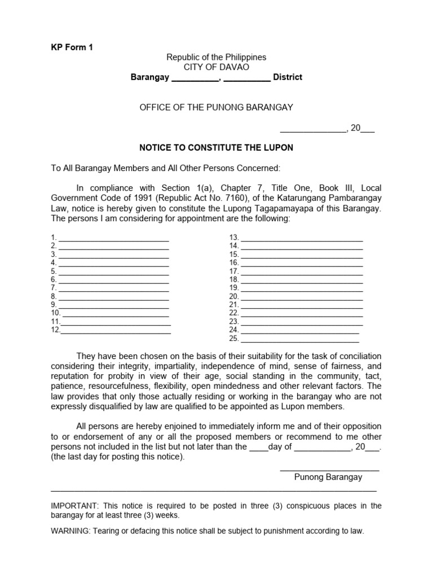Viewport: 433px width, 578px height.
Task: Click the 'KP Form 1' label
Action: click(x=72, y=47)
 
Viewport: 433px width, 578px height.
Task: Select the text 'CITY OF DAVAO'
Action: click(x=216, y=67)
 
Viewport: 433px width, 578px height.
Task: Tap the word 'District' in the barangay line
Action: click(x=288, y=77)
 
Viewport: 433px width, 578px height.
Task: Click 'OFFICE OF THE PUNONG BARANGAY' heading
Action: click(x=216, y=107)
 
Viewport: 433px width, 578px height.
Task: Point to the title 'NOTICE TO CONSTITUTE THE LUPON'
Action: click(x=216, y=148)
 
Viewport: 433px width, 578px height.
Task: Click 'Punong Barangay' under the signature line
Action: click(x=328, y=478)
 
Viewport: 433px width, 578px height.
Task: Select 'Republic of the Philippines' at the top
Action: click(x=216, y=58)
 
